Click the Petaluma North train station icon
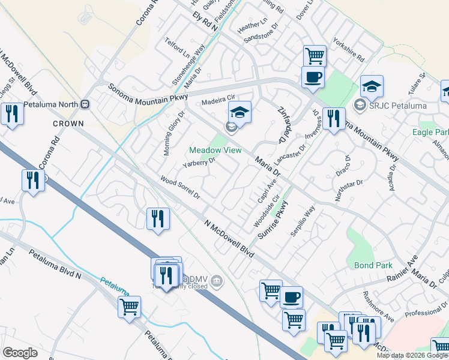[x=85, y=104]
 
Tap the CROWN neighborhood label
[x=68, y=123]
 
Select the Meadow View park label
[x=211, y=150]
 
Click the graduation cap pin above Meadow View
[x=240, y=112]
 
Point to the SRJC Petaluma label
[x=390, y=106]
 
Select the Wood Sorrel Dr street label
[x=179, y=187]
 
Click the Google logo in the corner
[x=20, y=353]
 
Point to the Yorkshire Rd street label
[x=349, y=51]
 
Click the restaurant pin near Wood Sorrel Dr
[x=157, y=218]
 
